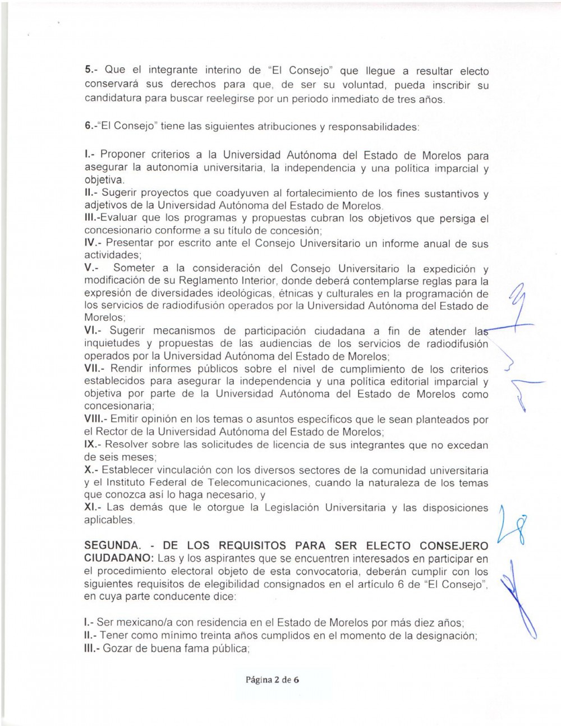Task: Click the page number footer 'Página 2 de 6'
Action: coord(272,679)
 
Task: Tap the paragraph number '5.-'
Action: coord(91,70)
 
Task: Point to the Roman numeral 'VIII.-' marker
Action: coord(95,419)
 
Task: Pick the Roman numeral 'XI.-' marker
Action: coord(93,507)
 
